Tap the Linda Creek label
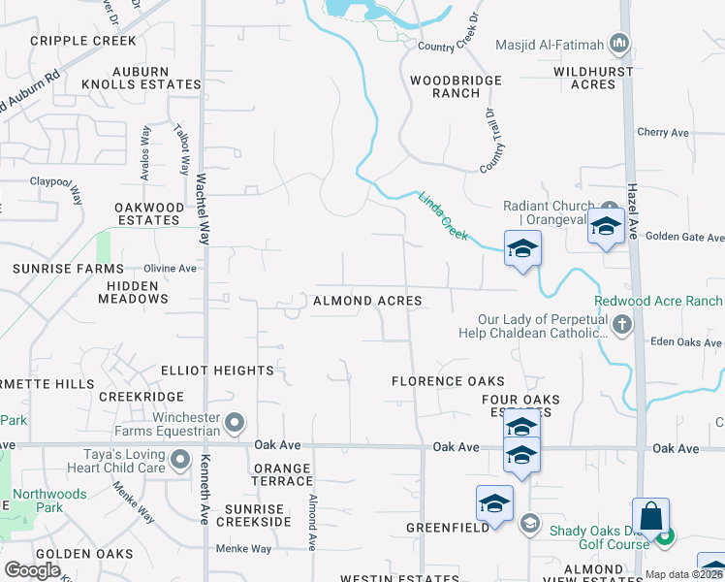pyautogui.click(x=443, y=215)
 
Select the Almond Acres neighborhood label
pyautogui.click(x=367, y=301)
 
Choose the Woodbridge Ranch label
pyautogui.click(x=456, y=86)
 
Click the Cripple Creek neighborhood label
pyautogui.click(x=83, y=41)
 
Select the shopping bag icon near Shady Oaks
pyautogui.click(x=650, y=515)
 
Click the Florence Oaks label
pyautogui.click(x=449, y=381)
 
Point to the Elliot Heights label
pyautogui.click(x=218, y=371)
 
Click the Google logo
pyautogui.click(x=32, y=569)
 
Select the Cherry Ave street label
pyautogui.click(x=662, y=133)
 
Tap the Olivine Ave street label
pyautogui.click(x=170, y=269)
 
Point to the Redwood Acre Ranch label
pyautogui.click(x=664, y=302)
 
